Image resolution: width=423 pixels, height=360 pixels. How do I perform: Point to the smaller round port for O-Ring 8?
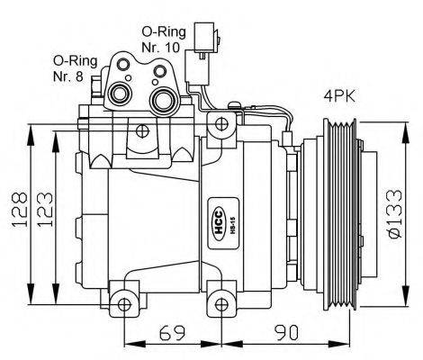point(117,93)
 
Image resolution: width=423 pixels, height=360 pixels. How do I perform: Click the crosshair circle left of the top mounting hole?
point(143,131)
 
